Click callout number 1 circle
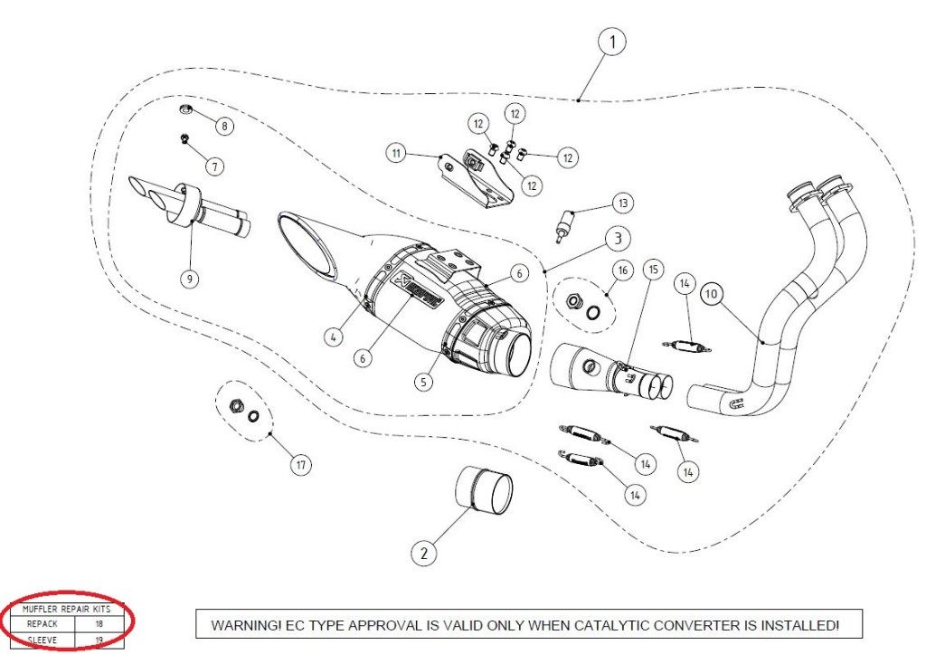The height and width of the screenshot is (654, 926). [612, 43]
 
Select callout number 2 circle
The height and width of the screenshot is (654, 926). [424, 551]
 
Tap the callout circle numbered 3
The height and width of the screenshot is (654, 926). [616, 240]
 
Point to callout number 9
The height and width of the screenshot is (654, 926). [189, 279]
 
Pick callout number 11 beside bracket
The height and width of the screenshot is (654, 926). [396, 153]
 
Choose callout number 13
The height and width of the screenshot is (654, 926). [623, 203]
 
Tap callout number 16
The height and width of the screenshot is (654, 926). [622, 270]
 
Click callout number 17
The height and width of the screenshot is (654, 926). [300, 465]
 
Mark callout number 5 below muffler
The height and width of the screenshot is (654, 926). [421, 382]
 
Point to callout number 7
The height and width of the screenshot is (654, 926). [213, 166]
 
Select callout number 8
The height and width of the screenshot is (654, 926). [223, 126]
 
